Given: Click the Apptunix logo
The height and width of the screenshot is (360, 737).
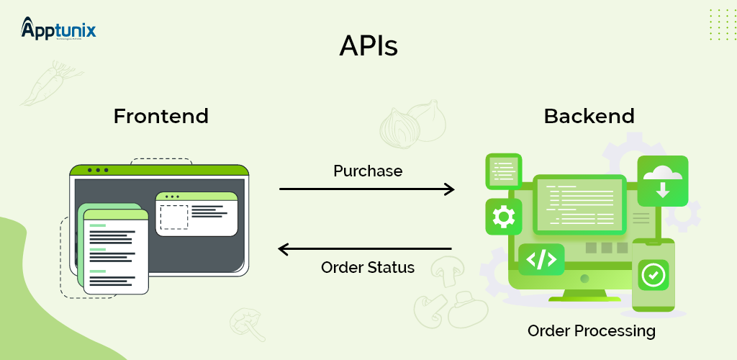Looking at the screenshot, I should (x=59, y=30).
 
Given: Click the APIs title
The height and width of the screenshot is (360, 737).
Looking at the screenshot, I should (x=368, y=47).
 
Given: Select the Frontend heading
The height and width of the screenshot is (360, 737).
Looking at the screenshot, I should (x=160, y=116).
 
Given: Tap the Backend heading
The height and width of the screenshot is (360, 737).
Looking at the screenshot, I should (x=589, y=116).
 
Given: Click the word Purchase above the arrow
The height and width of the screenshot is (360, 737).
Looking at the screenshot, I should (x=368, y=171).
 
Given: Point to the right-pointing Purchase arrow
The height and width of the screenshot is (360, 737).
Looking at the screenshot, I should (x=367, y=189).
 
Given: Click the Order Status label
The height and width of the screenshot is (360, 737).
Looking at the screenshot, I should (x=368, y=268).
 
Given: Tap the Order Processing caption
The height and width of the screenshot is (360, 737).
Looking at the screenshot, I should (x=591, y=331).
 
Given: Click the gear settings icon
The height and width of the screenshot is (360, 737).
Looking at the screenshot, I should (x=503, y=216).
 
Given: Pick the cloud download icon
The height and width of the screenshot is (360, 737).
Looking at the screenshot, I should (x=662, y=181).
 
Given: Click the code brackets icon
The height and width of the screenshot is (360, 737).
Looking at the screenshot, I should (x=541, y=259).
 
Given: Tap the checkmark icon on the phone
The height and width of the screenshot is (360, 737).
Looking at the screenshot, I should (x=654, y=274).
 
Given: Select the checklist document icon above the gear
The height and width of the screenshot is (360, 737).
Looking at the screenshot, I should (x=503, y=171).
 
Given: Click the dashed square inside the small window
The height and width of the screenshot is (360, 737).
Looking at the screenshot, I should (x=173, y=217).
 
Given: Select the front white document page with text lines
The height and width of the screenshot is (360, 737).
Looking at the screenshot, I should (x=115, y=252).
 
